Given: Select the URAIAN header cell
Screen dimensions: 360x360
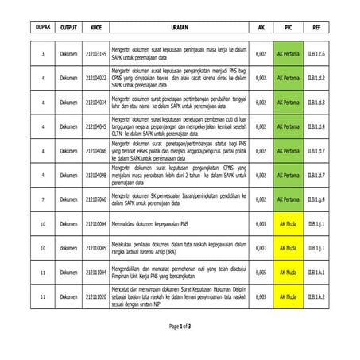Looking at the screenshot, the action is point(180,27).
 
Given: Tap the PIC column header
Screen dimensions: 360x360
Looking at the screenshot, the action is point(288,27).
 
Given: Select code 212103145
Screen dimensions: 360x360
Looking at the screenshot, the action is point(95,54).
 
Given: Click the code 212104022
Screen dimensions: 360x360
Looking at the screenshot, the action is point(95,78).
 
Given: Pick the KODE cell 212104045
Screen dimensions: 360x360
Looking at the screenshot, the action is point(95,126).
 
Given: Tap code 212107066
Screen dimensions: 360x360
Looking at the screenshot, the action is point(95,199).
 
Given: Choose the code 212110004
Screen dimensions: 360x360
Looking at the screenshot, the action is point(95,224).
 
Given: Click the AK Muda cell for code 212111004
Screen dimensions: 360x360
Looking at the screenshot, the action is point(288,273).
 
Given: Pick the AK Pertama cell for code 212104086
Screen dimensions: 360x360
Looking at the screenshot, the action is point(288,151).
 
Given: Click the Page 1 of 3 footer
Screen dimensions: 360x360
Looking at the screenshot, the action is point(180,327).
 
